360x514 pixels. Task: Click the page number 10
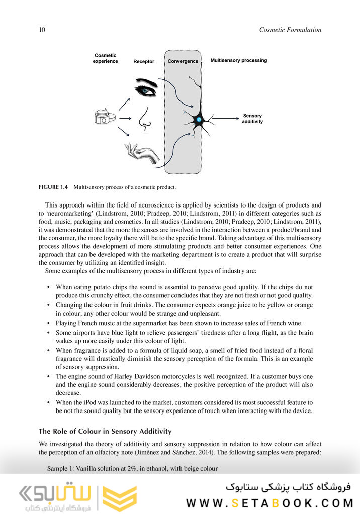[42, 30]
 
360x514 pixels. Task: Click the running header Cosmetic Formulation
[290, 30]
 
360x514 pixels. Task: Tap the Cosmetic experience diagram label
[105, 58]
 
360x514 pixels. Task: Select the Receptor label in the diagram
[144, 62]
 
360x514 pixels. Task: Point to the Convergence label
[183, 61]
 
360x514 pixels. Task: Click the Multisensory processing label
[238, 60]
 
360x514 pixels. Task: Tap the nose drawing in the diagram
[144, 119]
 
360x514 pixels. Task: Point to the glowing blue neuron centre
[199, 120]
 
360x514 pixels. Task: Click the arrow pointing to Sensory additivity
[224, 119]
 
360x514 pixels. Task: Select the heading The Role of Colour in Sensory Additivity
[105, 431]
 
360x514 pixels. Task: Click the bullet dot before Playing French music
[48, 323]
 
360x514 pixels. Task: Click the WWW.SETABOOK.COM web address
[269, 503]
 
